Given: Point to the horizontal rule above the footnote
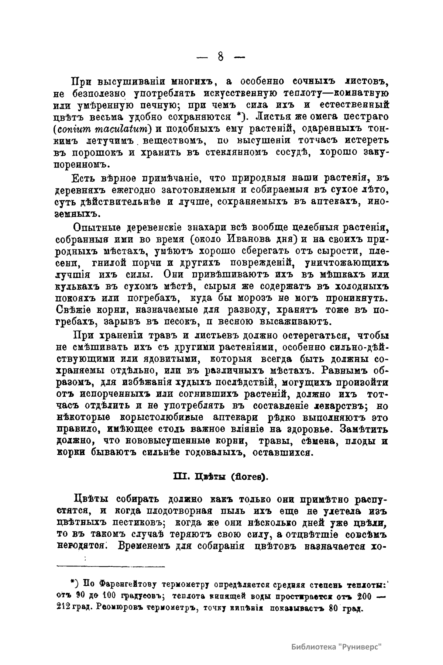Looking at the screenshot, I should click(x=111, y=566).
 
